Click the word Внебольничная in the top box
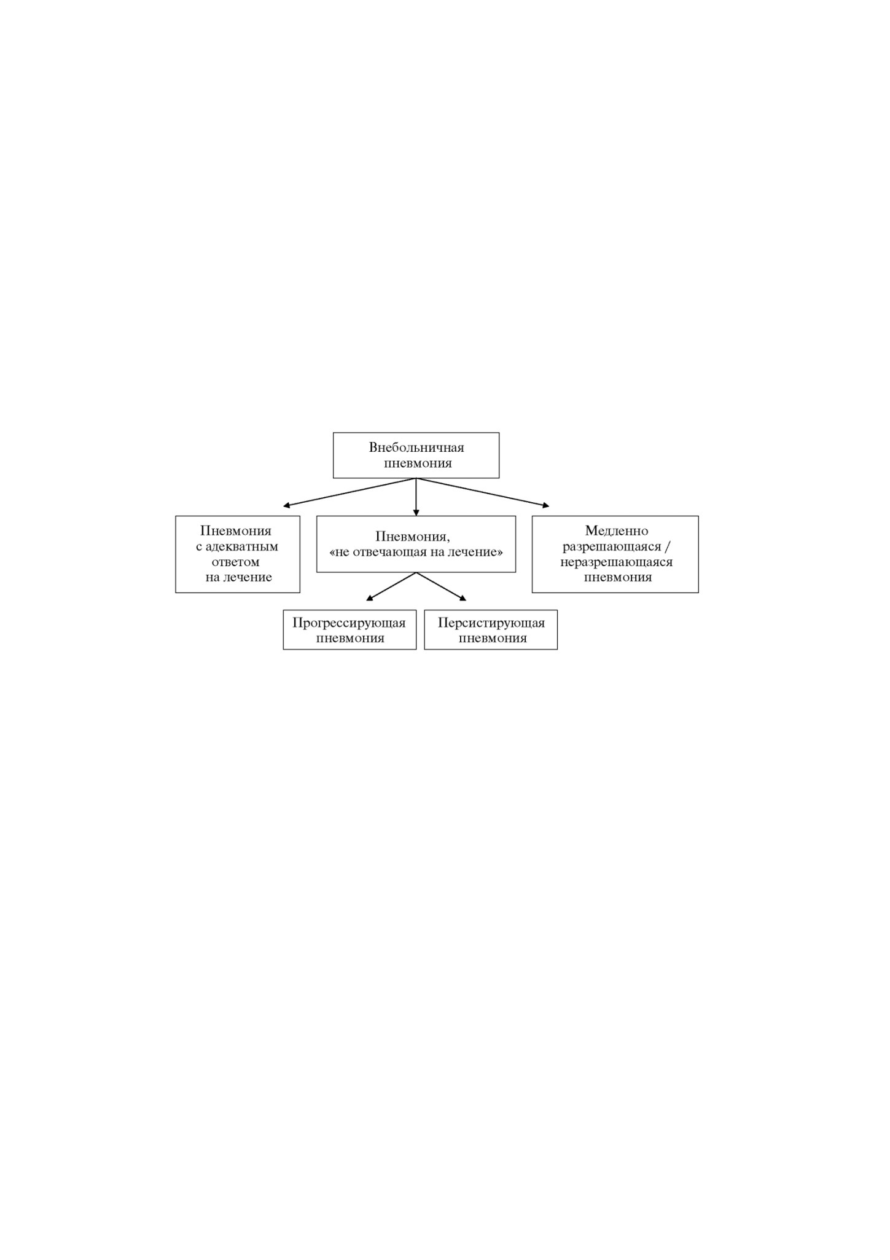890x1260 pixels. [x=416, y=447]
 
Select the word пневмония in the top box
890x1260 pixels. [x=418, y=463]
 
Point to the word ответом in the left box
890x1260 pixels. [x=235, y=562]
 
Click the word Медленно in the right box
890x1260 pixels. [x=617, y=531]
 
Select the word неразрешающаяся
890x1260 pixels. [x=616, y=562]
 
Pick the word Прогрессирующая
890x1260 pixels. [x=349, y=623]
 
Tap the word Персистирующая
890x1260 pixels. [x=491, y=623]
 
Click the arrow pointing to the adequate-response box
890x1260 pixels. [x=349, y=492]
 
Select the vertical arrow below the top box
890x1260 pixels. [x=416, y=497]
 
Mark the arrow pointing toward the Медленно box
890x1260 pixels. [x=483, y=492]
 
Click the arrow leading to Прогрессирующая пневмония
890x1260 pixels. [x=391, y=586]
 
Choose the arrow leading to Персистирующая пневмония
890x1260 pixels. [x=441, y=586]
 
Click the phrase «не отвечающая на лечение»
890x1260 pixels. [x=416, y=552]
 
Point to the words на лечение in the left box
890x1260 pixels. [x=239, y=578]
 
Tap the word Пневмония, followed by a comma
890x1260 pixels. [x=413, y=537]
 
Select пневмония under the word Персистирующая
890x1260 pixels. [x=493, y=638]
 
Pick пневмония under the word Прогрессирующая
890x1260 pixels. [x=350, y=638]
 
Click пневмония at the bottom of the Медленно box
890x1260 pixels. [x=618, y=578]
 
